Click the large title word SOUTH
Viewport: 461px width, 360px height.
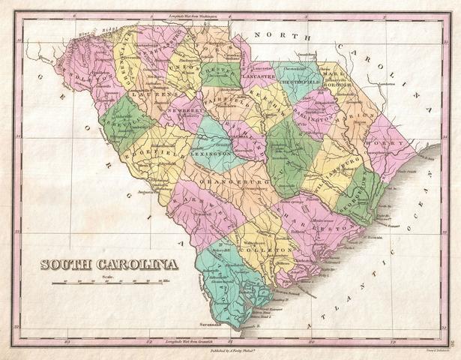(68, 264)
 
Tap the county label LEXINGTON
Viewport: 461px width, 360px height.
(211, 154)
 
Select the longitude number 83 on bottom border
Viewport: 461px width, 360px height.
(67, 341)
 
